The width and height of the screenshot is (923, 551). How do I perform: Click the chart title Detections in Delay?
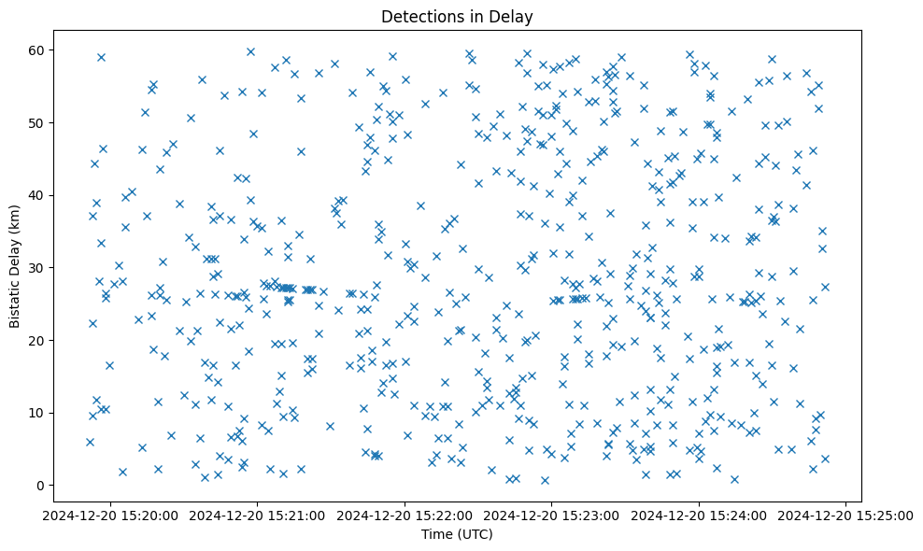pos(457,16)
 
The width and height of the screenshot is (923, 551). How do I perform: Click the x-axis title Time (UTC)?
pos(457,535)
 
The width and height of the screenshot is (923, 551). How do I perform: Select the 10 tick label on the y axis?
pos(41,413)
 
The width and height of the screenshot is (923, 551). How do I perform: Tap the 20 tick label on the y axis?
pos(41,340)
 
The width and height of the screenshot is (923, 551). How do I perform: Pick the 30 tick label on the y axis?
pos(41,268)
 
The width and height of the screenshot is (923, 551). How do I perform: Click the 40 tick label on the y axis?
pos(41,195)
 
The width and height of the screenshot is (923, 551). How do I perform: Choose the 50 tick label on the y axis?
pos(41,122)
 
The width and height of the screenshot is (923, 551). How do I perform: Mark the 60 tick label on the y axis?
pos(41,49)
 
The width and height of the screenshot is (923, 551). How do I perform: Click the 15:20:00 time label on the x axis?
pos(112,515)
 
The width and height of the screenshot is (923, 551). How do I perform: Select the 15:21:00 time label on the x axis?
pos(259,515)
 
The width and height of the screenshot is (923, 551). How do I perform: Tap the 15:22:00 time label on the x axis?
pos(405,515)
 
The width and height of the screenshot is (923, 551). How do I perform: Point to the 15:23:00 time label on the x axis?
pos(552,515)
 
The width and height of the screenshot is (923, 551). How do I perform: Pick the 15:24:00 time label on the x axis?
pos(700,515)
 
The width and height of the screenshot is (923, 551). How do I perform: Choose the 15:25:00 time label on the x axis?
pos(846,515)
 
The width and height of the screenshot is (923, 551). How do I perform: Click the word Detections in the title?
pos(419,16)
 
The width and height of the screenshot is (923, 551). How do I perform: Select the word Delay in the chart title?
pos(513,16)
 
